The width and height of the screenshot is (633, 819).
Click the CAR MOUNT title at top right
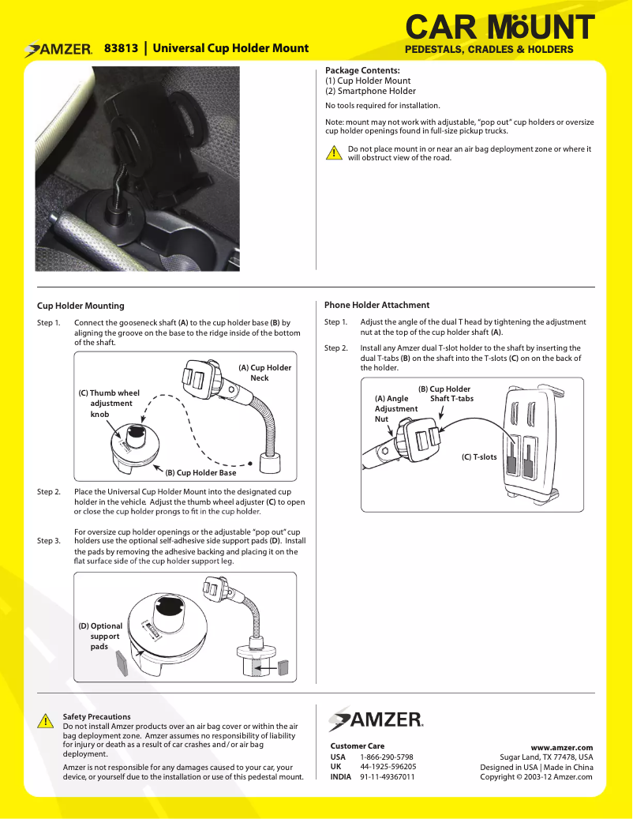tap(499, 28)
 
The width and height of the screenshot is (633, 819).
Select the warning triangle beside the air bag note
tap(335, 153)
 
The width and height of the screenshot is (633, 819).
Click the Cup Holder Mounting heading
tap(81, 306)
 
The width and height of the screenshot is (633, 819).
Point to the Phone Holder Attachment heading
tap(377, 305)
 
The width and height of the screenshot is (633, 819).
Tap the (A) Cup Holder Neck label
tap(264, 373)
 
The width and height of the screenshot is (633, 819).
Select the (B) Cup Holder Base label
tap(200, 473)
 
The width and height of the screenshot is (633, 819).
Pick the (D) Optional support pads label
tap(100, 636)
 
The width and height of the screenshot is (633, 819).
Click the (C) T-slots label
tap(479, 457)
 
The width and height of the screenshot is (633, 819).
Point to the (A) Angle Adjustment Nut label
tap(395, 409)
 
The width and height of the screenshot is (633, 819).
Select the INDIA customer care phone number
tap(388, 776)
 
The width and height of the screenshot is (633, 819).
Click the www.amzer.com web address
tap(561, 747)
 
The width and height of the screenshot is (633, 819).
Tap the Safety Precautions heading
tap(97, 717)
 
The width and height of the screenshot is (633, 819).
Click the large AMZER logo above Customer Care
tap(376, 719)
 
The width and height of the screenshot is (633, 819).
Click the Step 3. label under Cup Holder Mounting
tap(49, 541)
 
